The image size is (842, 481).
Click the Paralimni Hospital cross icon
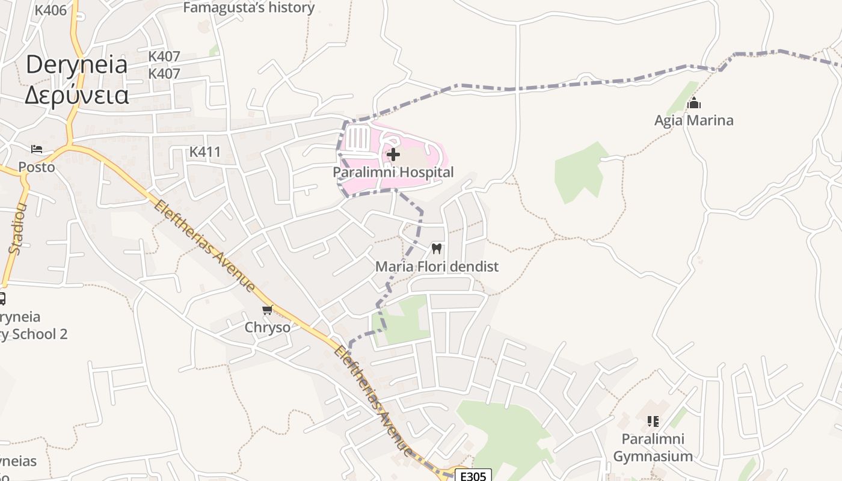pos(393,155)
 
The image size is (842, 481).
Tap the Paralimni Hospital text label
pos(393,173)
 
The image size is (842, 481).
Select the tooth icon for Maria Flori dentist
pos(437,248)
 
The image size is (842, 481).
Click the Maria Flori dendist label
pos(437,266)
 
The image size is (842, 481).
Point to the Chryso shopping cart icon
pos(268,310)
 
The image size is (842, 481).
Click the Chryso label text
pos(267,328)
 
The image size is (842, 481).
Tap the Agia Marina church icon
pos(694,103)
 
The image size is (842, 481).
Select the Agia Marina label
pos(693,120)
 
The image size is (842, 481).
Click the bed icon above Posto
pos(37,149)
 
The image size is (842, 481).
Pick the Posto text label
pos(36,167)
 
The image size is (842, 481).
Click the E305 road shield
pos(473,476)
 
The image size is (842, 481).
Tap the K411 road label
pos(205,152)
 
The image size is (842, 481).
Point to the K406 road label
pos(51,10)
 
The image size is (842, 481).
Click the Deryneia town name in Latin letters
pos(76,65)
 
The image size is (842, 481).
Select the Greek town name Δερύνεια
pos(76,95)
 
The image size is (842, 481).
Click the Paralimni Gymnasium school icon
pos(653,421)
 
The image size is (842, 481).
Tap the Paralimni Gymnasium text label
pos(653,447)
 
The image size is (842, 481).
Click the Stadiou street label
pos(18,228)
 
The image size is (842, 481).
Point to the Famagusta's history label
pos(248,8)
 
